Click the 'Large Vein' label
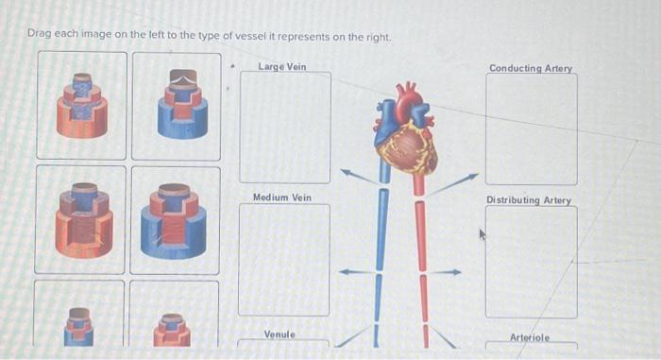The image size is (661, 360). point(282,66)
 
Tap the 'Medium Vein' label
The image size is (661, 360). point(282,197)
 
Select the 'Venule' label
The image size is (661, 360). point(280,334)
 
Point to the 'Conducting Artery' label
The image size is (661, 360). point(531,68)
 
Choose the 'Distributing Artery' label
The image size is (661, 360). point(529,200)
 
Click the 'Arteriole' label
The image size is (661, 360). point(529,337)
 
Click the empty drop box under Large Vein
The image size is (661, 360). point(284,127)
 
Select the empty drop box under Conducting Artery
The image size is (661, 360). point(531,129)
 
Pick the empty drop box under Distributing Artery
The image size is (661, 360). point(530,262)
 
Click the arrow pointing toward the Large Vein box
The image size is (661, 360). point(357,177)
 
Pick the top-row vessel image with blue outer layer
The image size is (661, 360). point(176,104)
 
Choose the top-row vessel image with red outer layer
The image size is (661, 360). point(81,104)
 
